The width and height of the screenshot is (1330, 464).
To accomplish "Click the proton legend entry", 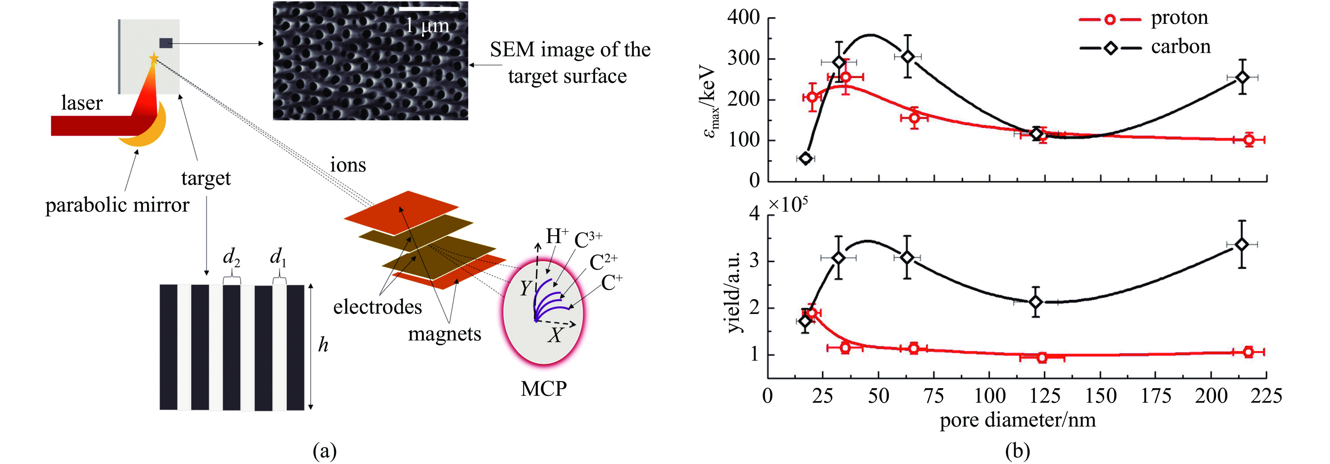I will (x=1179, y=19).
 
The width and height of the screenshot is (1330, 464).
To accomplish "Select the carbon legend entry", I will (x=1180, y=47).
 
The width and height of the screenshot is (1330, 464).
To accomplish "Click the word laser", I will (x=81, y=103).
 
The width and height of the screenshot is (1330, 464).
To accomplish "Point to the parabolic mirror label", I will (x=117, y=205).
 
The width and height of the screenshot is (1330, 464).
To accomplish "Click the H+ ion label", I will (x=557, y=236).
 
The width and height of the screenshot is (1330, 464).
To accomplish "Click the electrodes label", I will (x=378, y=307).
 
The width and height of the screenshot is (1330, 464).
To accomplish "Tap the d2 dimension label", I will (x=231, y=257).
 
